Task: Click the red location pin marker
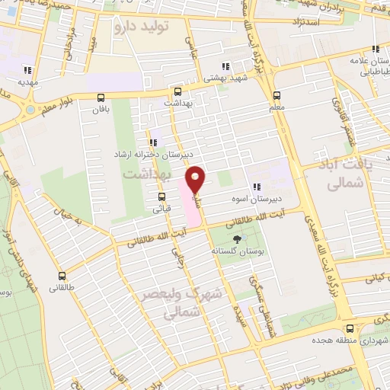tap(196, 180)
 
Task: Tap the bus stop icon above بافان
tap(101, 97)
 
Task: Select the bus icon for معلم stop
tap(276, 96)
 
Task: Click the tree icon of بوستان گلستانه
tap(238, 238)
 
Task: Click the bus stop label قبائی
tap(162, 206)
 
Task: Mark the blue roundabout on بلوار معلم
tap(29, 109)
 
